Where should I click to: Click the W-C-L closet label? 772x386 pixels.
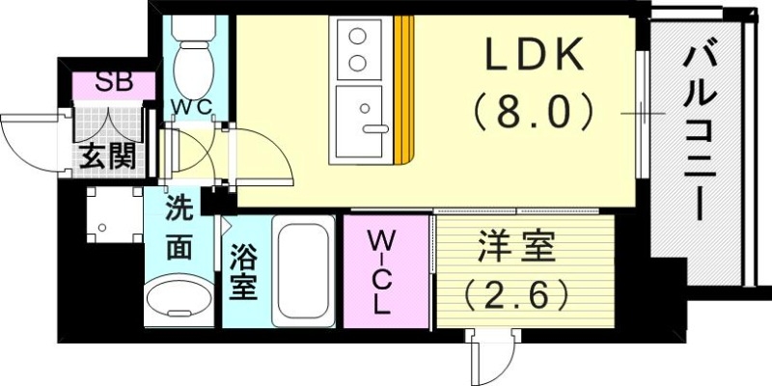382,273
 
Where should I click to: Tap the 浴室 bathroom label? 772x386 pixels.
242,272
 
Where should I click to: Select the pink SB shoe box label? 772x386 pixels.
114,83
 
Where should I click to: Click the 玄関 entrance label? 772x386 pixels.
106,155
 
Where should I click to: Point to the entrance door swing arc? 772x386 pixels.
29,135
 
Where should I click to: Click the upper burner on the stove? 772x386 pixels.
357,40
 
